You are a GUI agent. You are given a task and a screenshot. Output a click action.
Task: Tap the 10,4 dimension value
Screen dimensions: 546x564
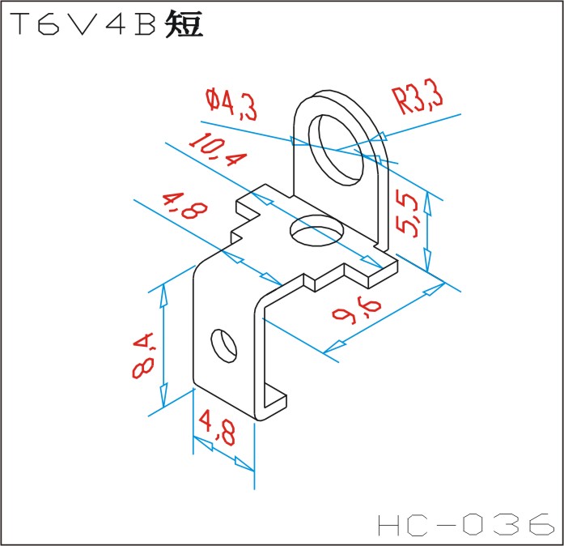[217, 149]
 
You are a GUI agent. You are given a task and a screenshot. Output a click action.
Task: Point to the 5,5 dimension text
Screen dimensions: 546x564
[411, 214]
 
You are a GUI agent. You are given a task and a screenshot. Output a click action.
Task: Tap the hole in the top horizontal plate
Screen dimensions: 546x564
[311, 231]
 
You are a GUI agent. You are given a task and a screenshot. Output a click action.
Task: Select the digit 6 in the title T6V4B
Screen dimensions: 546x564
[51, 26]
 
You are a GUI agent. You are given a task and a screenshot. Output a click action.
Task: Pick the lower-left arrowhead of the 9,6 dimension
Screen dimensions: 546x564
[333, 348]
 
